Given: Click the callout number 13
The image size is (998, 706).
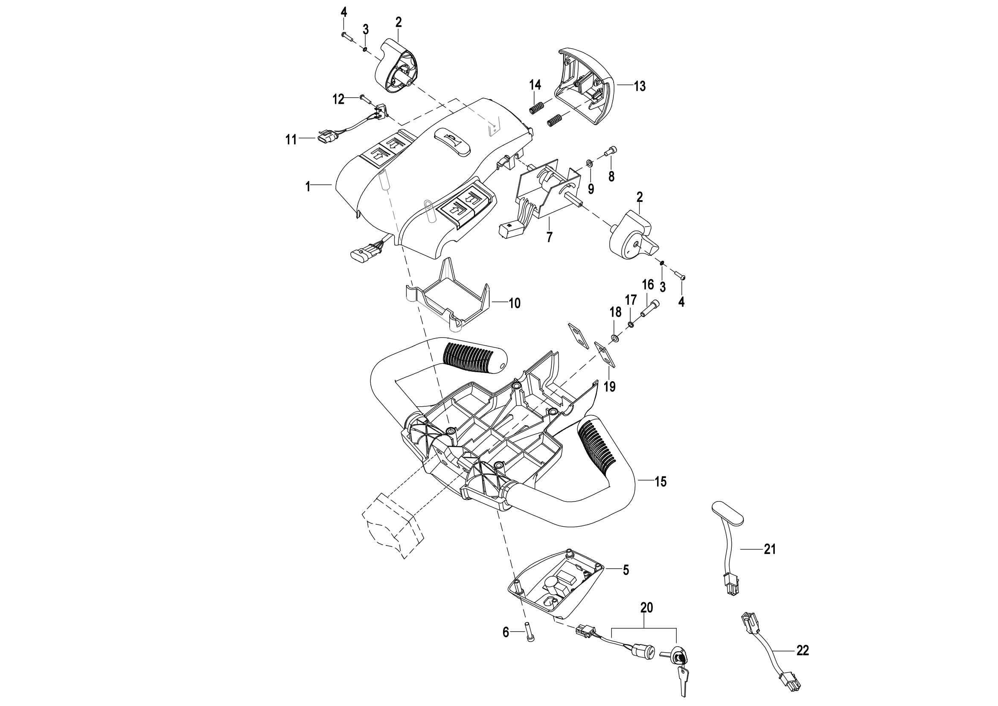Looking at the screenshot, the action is coord(640,86).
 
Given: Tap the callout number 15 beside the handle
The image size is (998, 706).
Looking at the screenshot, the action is coord(660,481).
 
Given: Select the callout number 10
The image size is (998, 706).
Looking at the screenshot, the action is coord(514,303).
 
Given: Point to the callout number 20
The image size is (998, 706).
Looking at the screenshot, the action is coord(647,608).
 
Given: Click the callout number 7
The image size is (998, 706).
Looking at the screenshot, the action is coord(550,237).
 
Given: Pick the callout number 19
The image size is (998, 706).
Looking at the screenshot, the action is coord(610,386).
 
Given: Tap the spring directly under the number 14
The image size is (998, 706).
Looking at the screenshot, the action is coord(537,107).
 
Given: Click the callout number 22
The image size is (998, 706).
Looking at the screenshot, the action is coord(803,651).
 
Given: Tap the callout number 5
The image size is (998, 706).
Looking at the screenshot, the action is coord(626,570).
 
